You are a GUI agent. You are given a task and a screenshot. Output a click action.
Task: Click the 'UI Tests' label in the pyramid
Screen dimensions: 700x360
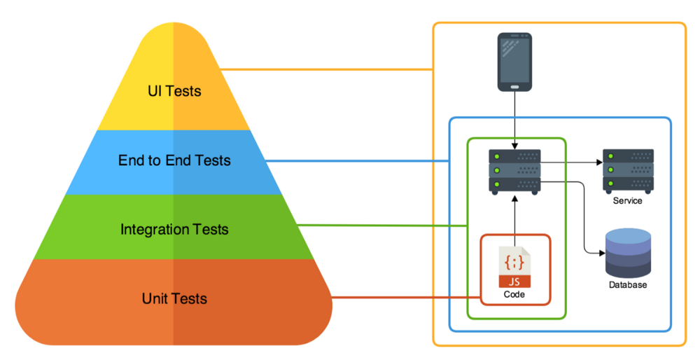click(x=174, y=91)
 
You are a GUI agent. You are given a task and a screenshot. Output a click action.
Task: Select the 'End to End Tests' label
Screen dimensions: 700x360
click(x=174, y=160)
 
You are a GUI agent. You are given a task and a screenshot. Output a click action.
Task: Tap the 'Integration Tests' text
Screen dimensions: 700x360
click(x=174, y=230)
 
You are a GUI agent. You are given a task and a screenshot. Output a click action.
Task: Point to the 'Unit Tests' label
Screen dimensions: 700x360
click(x=174, y=298)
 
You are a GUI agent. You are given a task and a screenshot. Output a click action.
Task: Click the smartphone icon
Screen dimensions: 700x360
click(x=514, y=62)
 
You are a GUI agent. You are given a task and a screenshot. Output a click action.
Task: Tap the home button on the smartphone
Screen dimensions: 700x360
click(x=514, y=87)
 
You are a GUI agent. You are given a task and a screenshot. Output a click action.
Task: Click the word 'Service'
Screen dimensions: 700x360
click(x=628, y=200)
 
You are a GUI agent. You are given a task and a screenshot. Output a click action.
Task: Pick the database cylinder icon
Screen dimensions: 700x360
click(x=628, y=253)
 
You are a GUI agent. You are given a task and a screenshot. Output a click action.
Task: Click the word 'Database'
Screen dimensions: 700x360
click(x=628, y=285)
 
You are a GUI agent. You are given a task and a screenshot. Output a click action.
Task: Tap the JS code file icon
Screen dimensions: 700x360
click(x=514, y=267)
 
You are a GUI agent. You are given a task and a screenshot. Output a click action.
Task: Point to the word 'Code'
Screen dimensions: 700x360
click(x=514, y=294)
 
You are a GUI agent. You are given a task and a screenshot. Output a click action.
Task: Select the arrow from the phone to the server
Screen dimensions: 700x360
click(x=514, y=120)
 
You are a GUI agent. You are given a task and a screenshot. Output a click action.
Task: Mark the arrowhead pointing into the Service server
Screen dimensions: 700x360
click(x=600, y=162)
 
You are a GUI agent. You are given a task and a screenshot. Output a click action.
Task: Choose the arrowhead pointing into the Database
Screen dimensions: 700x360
click(x=602, y=254)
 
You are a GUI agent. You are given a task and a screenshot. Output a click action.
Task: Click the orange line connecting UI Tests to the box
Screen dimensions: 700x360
click(x=327, y=69)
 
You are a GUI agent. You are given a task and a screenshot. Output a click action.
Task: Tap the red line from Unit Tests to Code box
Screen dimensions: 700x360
click(x=405, y=298)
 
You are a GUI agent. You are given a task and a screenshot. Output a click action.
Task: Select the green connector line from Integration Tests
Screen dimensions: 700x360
click(x=382, y=226)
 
